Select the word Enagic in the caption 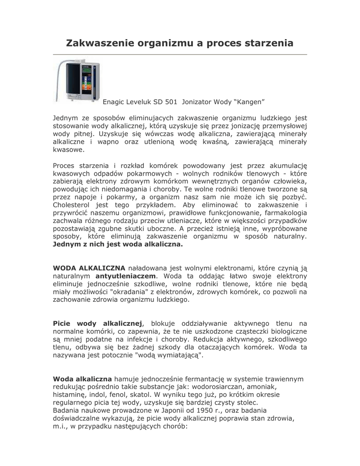114,101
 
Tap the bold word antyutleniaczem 126,276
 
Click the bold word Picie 63,323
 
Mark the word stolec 246,402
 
